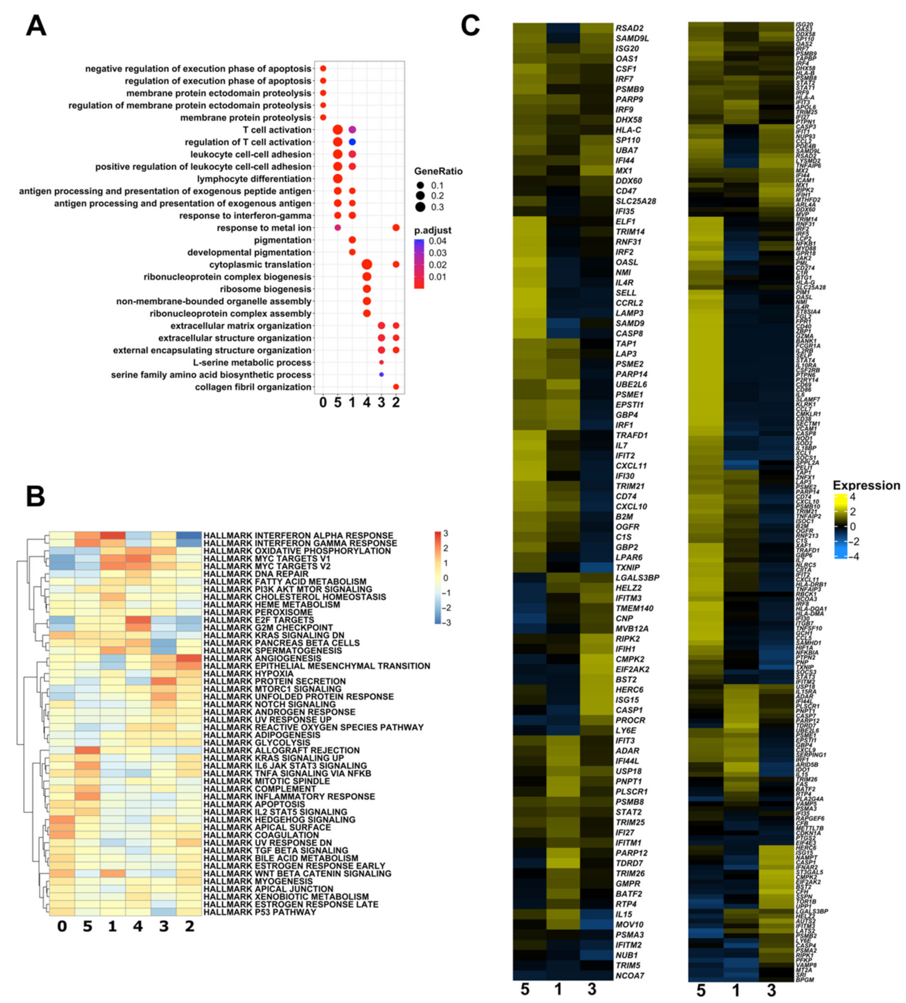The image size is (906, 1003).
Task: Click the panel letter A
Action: tap(36, 26)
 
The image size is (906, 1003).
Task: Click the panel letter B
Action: tap(35, 496)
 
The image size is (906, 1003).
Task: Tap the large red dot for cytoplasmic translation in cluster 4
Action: tap(367, 265)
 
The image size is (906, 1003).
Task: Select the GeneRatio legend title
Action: tap(438, 172)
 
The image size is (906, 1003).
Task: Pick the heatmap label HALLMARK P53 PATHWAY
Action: tap(260, 912)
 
